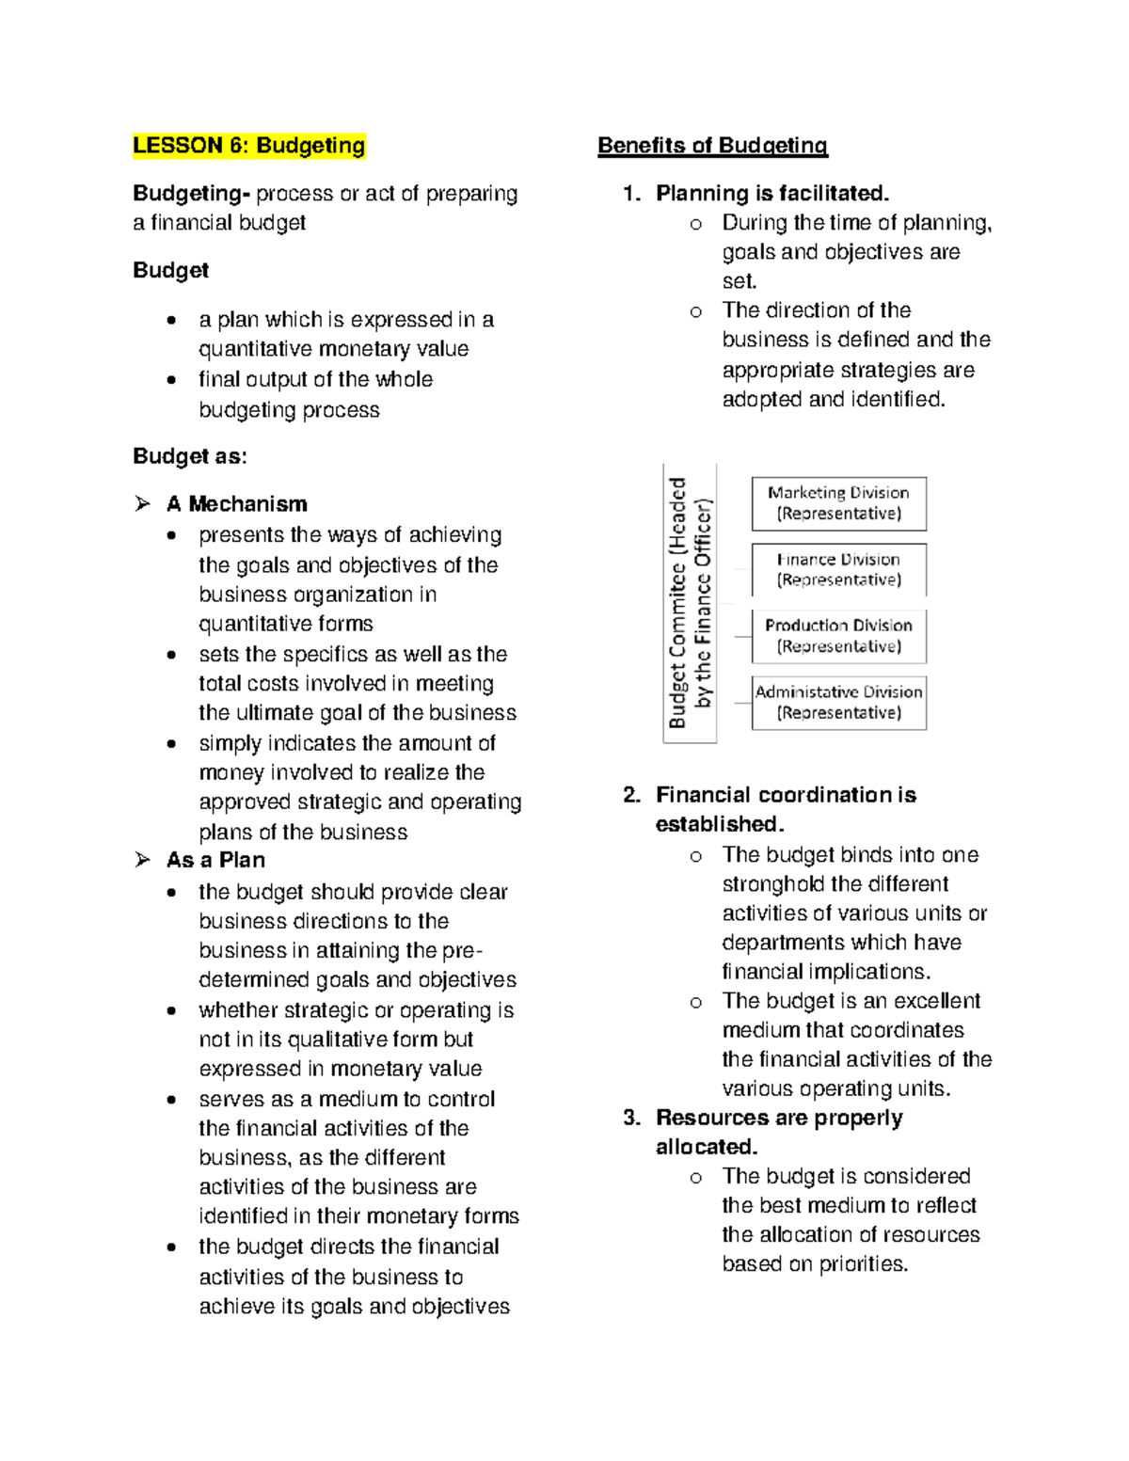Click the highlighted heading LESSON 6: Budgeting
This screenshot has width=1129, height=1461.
coord(249,146)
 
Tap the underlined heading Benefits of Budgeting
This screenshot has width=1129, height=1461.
coord(712,146)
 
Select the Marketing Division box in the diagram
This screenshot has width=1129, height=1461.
coord(838,503)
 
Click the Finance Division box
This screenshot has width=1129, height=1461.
coord(838,570)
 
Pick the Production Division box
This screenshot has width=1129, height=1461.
coord(838,636)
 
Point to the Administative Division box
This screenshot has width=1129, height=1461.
coord(838,703)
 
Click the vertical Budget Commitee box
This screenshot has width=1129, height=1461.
coord(690,603)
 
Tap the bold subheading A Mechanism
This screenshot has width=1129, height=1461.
coord(236,504)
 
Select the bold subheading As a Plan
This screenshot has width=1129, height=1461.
coord(215,860)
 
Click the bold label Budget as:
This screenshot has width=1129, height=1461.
coord(190,456)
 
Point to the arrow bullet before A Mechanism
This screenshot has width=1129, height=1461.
coord(142,504)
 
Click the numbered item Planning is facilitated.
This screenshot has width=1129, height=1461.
coord(771,194)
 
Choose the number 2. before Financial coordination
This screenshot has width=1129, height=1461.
coord(631,795)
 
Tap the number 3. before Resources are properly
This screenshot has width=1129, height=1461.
coord(631,1118)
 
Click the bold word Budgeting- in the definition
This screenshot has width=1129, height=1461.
coord(191,194)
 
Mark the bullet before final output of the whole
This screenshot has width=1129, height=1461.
coord(170,381)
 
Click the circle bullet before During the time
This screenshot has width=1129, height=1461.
coord(695,224)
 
